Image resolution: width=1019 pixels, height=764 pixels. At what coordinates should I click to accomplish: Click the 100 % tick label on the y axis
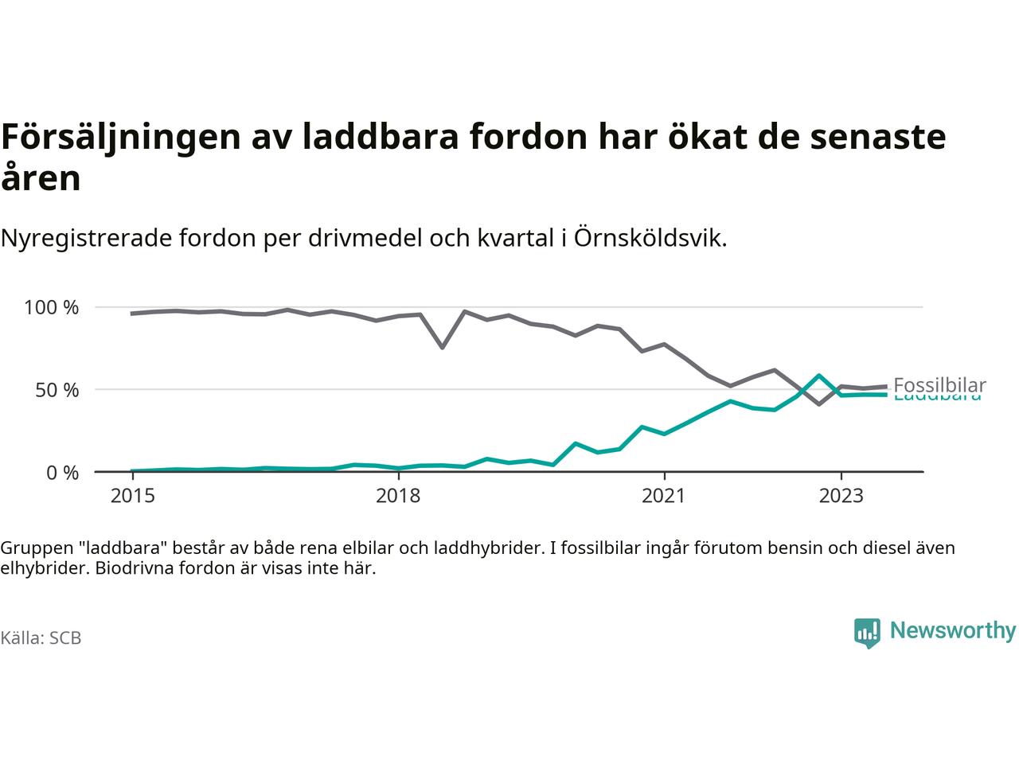click(52, 307)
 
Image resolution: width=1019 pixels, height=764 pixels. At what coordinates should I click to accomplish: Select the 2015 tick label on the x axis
click(133, 496)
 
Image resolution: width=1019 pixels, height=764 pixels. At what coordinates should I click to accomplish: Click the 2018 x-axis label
click(398, 496)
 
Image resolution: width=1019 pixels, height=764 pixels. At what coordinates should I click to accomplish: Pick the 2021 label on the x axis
click(663, 496)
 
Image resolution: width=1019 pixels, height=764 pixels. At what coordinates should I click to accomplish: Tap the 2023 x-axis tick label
click(841, 496)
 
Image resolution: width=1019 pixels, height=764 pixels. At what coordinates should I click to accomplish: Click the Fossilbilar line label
click(939, 385)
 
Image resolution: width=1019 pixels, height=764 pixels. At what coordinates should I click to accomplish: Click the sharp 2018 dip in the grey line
click(442, 347)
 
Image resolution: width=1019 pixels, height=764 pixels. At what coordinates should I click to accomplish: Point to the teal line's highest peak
click(818, 376)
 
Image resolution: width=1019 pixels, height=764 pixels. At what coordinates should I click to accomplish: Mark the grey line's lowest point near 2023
click(818, 404)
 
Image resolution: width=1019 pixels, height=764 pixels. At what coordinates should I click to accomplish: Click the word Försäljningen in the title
click(121, 137)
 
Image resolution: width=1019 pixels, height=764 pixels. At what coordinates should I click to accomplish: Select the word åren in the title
click(41, 178)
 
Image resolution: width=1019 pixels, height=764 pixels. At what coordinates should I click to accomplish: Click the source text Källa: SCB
click(41, 638)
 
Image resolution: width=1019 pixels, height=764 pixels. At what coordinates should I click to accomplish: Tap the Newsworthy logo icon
click(867, 633)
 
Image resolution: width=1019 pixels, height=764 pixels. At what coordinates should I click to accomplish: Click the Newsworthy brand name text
click(952, 631)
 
